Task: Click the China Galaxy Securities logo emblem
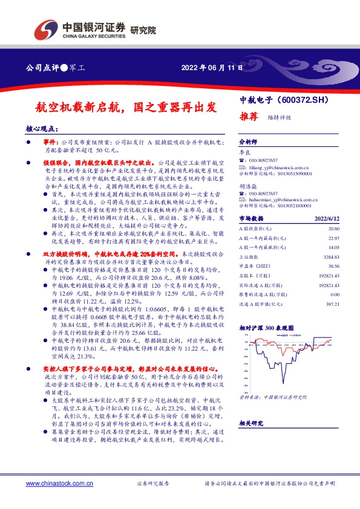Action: (x=46, y=29)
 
